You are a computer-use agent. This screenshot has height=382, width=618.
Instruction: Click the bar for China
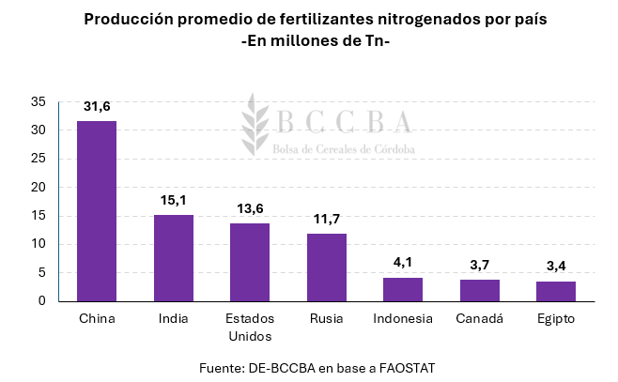tap(97, 211)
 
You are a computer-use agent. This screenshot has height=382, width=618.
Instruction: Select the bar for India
tap(174, 258)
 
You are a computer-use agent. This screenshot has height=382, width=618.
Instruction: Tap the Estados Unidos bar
tap(250, 262)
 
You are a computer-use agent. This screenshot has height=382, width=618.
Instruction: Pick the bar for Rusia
tap(326, 267)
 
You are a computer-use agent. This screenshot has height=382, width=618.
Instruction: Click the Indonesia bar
tap(402, 289)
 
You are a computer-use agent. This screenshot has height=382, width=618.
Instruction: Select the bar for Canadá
tap(479, 290)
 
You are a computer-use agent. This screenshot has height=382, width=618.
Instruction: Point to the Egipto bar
tap(556, 291)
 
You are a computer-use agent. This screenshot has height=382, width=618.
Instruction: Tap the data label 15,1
tap(174, 199)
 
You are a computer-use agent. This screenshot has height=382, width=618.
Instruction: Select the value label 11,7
tap(326, 219)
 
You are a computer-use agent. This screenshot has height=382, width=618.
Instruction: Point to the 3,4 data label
tap(556, 266)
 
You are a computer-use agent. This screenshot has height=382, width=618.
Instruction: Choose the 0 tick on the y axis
tap(41, 301)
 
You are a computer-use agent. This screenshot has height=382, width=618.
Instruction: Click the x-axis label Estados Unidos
tap(250, 327)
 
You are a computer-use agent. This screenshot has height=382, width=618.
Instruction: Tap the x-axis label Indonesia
tap(402, 319)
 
